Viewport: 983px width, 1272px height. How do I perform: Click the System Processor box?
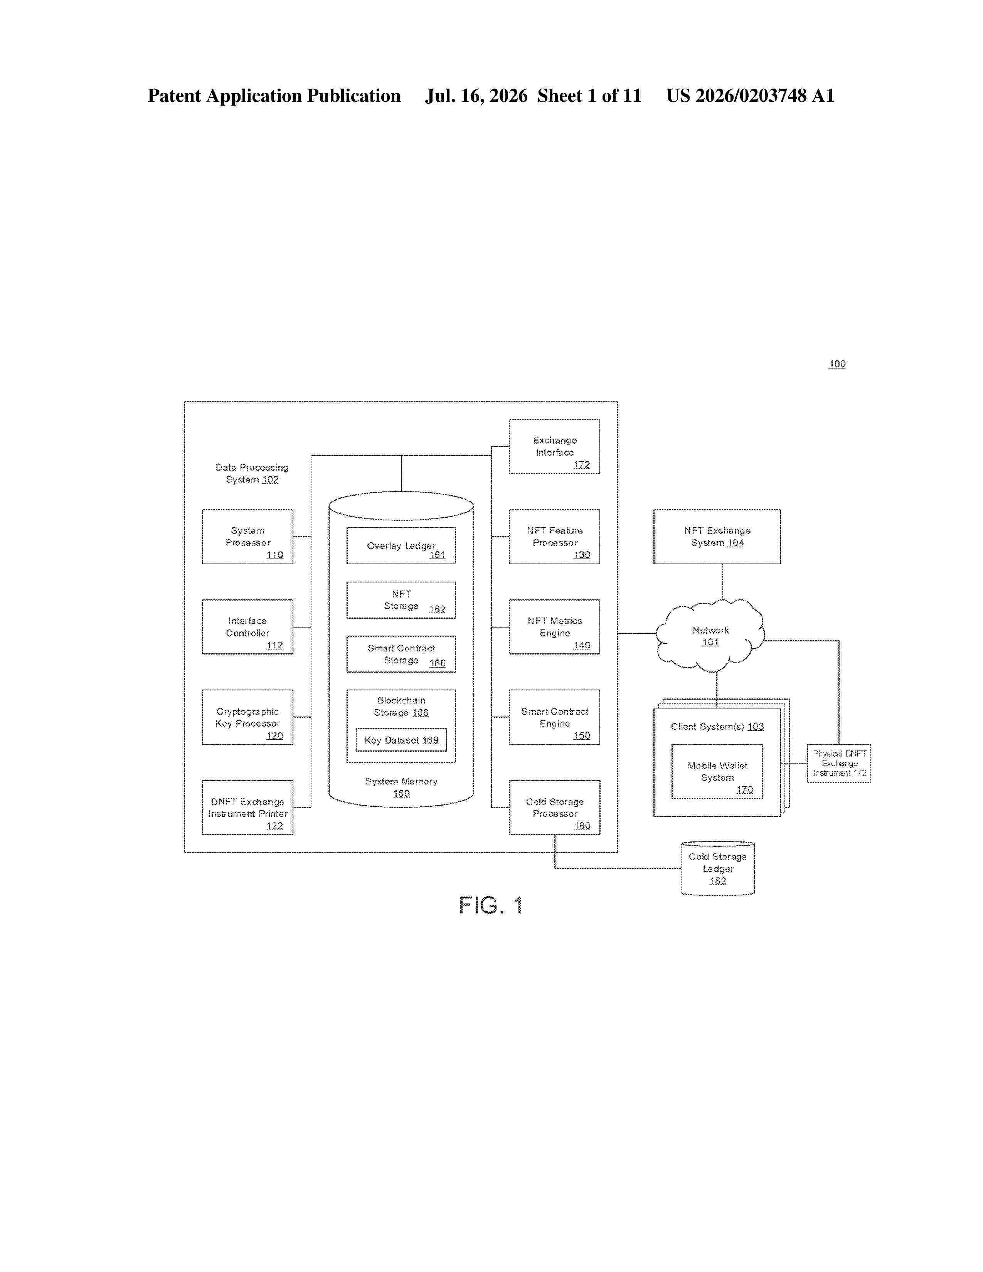(x=247, y=537)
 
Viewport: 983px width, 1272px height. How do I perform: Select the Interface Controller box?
(x=247, y=627)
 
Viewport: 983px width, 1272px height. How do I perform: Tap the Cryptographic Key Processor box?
(x=247, y=717)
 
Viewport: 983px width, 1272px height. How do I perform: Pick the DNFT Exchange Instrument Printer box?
(x=247, y=807)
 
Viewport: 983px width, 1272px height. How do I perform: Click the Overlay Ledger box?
(x=401, y=546)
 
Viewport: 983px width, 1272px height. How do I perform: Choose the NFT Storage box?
(x=401, y=600)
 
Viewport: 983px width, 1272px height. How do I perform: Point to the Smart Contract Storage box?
(x=401, y=654)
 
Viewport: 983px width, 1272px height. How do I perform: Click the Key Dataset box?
(x=401, y=740)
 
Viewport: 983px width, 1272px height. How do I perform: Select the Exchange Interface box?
(x=554, y=446)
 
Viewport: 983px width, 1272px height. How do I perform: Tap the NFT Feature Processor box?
(x=554, y=537)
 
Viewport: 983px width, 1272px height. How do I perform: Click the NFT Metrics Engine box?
(x=554, y=627)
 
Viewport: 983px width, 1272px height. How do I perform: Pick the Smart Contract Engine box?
(x=554, y=717)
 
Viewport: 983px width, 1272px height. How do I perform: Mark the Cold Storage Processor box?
(x=554, y=807)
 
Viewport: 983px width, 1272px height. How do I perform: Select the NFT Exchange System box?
(x=717, y=537)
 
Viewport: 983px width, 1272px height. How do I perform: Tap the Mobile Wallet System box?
(x=717, y=771)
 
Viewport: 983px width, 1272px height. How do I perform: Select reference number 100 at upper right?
(x=837, y=364)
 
